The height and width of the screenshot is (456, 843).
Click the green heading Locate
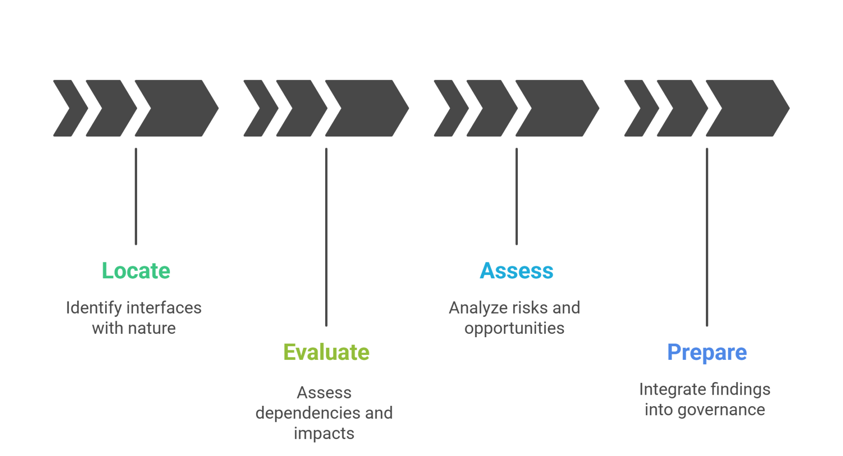[136, 271]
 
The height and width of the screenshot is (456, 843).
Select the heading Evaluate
[326, 352]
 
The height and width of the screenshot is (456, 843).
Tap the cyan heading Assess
[517, 271]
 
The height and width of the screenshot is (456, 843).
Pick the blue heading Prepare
[707, 352]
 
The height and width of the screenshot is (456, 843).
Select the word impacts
[324, 433]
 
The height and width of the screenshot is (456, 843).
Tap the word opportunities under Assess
[514, 328]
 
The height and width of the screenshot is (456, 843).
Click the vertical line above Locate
[136, 197]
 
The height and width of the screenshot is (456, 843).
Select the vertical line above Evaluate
[326, 237]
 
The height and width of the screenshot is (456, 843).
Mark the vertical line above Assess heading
[517, 197]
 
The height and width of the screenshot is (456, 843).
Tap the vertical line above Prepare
[707, 237]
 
